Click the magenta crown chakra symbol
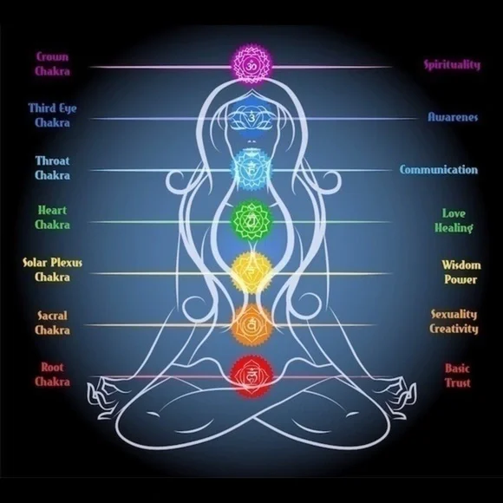point(251,65)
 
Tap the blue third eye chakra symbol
point(251,118)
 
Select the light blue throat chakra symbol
point(251,170)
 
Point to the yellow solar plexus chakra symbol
point(251,273)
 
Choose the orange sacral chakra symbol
point(251,325)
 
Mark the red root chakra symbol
point(251,376)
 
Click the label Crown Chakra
point(52,64)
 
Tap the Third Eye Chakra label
point(52,115)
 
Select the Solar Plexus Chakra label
point(52,270)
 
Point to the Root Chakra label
point(52,375)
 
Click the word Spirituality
point(452,65)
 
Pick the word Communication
point(439,169)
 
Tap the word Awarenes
point(453,117)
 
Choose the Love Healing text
point(454,220)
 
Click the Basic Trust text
point(457,376)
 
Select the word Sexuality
point(454,314)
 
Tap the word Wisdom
point(461,265)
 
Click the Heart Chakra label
point(52,218)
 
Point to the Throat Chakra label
point(52,168)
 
